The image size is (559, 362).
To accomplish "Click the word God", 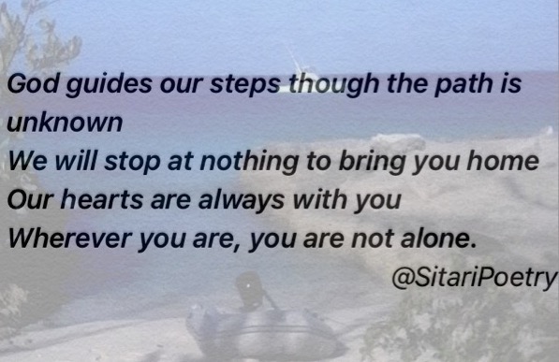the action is pos(33,84).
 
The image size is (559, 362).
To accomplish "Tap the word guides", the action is pos(109,85).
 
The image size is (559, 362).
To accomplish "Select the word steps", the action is pos(245,85).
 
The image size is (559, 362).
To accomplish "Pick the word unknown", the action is pos(65,123).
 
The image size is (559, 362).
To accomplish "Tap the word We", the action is pos(27,161).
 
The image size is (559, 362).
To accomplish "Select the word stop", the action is pos(132,163).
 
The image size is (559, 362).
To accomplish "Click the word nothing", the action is pos(249,162).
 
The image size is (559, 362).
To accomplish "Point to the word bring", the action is pos(372,162).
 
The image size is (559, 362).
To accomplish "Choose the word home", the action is pos(503,160).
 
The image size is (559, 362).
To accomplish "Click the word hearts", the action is pos(102,199).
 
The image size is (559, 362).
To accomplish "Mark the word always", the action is pos(242,200).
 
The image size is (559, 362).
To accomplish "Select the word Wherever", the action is pos(70,238).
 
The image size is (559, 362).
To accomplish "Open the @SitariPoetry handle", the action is pos(475,277).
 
